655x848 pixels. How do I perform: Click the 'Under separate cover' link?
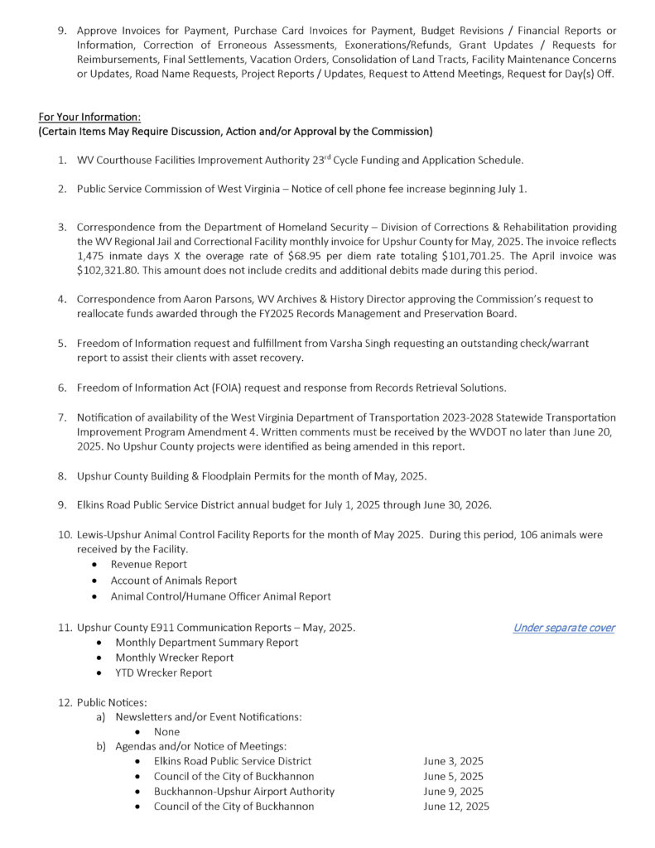563,628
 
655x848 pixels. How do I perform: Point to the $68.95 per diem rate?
311,257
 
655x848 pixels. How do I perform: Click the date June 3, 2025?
453,762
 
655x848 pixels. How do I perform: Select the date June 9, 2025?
453,792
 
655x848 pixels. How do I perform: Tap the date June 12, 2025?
456,807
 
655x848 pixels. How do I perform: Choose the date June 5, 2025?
453,777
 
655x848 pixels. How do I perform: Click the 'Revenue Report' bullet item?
149,565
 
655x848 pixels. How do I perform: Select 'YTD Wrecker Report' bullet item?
164,672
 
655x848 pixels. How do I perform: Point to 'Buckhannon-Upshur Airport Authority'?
244,792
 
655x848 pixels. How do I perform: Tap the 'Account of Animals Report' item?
174,581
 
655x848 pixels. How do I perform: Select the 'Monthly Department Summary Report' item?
207,643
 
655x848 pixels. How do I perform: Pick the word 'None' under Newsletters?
166,732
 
